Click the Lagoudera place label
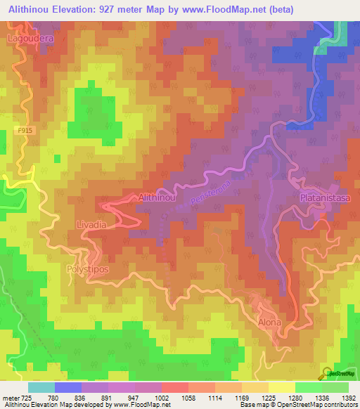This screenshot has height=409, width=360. (31, 39)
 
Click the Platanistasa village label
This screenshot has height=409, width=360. (324, 199)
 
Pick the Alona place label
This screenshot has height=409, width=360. (269, 323)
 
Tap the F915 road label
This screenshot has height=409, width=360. (26, 130)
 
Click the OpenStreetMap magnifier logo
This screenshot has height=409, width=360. (326, 372)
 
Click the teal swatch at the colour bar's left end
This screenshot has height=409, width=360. (41, 387)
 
